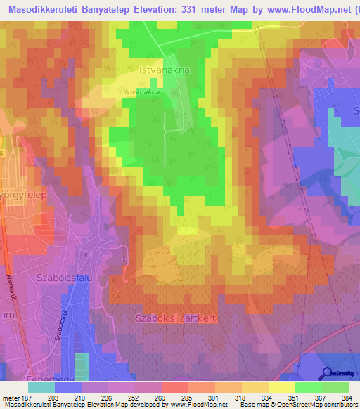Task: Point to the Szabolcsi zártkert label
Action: click(174, 318)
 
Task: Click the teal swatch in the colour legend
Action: click(41, 387)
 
